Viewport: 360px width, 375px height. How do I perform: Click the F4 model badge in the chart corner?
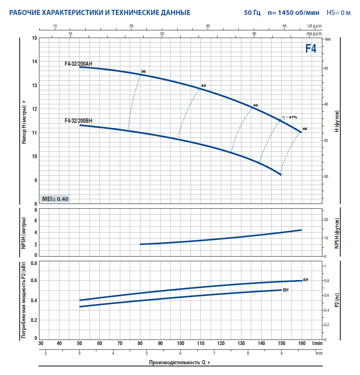pos(311,48)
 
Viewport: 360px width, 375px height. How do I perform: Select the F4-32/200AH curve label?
pos(78,64)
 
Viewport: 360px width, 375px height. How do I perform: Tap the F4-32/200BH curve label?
pos(78,121)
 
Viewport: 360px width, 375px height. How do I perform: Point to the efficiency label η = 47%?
pos(289,117)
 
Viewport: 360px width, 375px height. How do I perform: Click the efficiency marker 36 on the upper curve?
pos(143,71)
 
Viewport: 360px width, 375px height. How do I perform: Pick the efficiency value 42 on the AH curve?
pos(203,86)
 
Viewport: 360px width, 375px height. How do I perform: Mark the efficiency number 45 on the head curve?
pos(256,105)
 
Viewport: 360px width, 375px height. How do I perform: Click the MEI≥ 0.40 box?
pos(55,199)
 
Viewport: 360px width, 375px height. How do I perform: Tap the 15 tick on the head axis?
pos(34,38)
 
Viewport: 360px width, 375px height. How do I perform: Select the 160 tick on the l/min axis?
pos(301,343)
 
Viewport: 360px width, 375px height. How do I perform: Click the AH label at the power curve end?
pos(306,280)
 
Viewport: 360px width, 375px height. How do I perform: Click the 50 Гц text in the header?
pos(252,12)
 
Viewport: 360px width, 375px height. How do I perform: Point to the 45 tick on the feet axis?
pos(326,68)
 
